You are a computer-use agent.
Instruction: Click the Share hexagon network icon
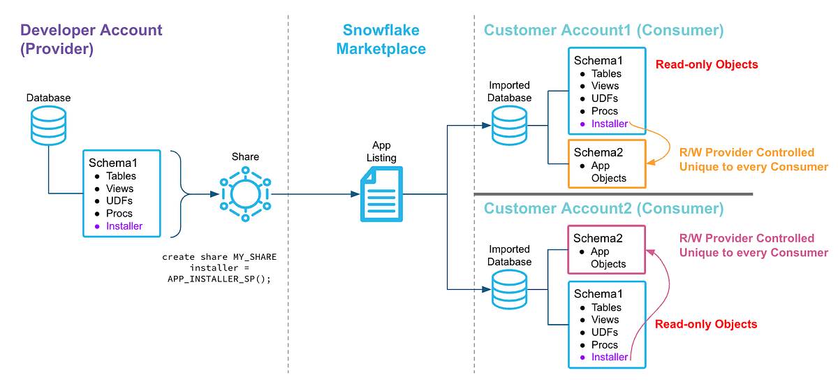click(x=245, y=194)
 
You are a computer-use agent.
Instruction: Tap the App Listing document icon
click(x=381, y=194)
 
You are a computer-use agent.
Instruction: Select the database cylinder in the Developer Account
click(x=49, y=125)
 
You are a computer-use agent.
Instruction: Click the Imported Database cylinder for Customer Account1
click(x=509, y=125)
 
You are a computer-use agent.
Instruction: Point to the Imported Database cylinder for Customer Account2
click(x=509, y=290)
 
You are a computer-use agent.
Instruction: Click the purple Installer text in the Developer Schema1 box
click(x=124, y=226)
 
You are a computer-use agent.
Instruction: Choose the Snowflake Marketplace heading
click(x=381, y=39)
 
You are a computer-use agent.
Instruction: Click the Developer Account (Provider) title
click(x=91, y=39)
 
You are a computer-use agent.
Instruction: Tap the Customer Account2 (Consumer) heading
click(x=604, y=208)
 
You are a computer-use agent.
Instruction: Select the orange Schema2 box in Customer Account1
click(x=607, y=164)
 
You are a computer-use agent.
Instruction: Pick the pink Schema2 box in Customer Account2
click(x=606, y=249)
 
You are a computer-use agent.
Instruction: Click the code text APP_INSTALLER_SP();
click(x=219, y=279)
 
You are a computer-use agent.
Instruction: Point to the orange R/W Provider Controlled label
click(x=747, y=152)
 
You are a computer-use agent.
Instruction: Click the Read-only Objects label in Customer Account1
click(x=707, y=64)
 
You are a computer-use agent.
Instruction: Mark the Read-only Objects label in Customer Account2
click(x=706, y=324)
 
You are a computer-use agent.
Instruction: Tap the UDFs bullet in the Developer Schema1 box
click(x=119, y=201)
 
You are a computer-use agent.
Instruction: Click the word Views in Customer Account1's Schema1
click(x=605, y=86)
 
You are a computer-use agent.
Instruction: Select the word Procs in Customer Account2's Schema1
click(x=605, y=344)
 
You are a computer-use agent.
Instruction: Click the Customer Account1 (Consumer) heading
click(x=604, y=30)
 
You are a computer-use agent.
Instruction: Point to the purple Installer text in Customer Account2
click(x=610, y=357)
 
